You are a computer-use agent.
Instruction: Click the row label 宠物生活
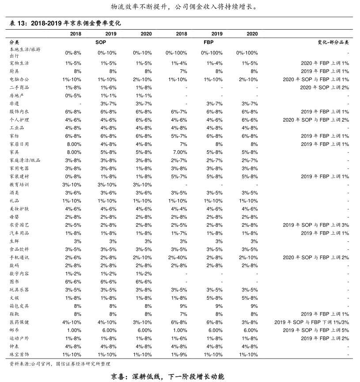coord(19,63)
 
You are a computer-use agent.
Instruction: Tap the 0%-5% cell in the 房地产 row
coord(73,95)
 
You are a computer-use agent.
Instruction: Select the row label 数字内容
coord(19,274)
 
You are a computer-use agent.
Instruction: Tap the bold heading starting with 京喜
coord(167,377)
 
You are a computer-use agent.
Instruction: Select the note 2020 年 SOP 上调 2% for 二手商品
coord(325,88)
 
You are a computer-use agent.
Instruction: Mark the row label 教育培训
coord(19,184)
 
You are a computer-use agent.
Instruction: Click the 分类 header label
coord(14,42)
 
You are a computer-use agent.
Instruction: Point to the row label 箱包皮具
coord(19,306)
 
